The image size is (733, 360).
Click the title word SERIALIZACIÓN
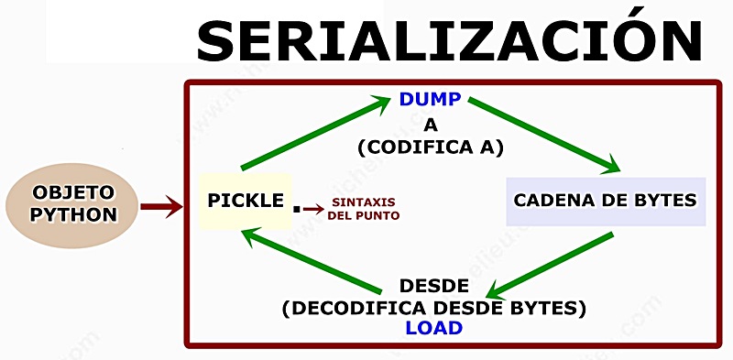[449, 41]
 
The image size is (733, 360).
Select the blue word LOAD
[434, 327]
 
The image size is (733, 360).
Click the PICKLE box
[246, 200]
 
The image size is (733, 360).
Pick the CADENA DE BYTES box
[606, 201]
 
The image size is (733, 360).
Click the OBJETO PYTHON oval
[73, 205]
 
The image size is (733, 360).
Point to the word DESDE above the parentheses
[434, 285]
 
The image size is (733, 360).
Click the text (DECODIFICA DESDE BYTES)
[434, 307]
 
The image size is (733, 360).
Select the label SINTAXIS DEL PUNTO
[364, 209]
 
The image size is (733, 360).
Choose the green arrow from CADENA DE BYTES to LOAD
[550, 265]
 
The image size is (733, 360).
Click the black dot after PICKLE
[296, 209]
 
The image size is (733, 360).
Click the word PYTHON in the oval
[73, 216]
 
